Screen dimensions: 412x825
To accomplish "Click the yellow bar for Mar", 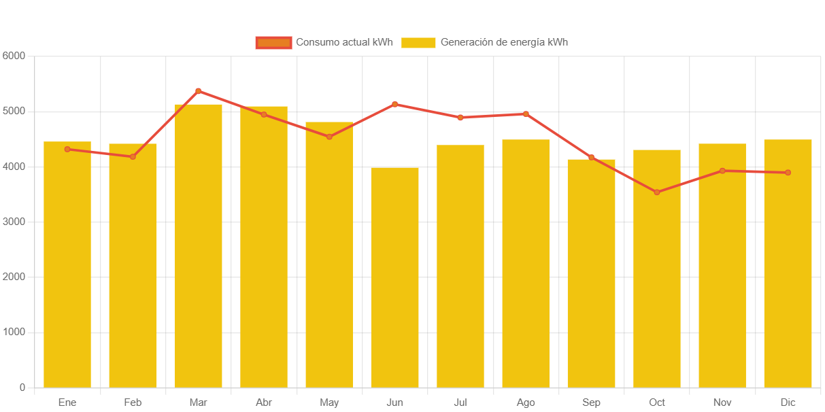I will point(198,245).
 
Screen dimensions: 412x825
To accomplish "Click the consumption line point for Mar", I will point(198,90).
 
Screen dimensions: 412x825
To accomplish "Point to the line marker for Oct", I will point(656,192).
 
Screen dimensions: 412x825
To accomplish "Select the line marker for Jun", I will point(394,104).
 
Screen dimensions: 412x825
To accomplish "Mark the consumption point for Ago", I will point(526,114).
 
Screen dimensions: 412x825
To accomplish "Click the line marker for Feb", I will point(133,157).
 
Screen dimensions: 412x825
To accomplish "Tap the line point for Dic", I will point(788,173).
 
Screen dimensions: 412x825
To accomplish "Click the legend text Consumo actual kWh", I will point(344,42).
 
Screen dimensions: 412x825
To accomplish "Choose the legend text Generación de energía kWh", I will point(504,42).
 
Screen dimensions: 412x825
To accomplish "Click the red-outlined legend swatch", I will point(273,42).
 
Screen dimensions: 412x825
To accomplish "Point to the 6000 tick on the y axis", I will point(14,55).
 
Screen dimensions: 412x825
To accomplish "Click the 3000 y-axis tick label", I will point(14,222).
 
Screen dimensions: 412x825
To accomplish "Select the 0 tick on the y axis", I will point(22,388).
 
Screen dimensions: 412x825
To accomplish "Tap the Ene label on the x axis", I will point(67,402).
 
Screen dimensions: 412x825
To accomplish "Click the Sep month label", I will point(591,402).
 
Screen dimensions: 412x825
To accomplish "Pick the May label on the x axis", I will point(329,402).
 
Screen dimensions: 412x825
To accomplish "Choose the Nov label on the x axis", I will point(722,402).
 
